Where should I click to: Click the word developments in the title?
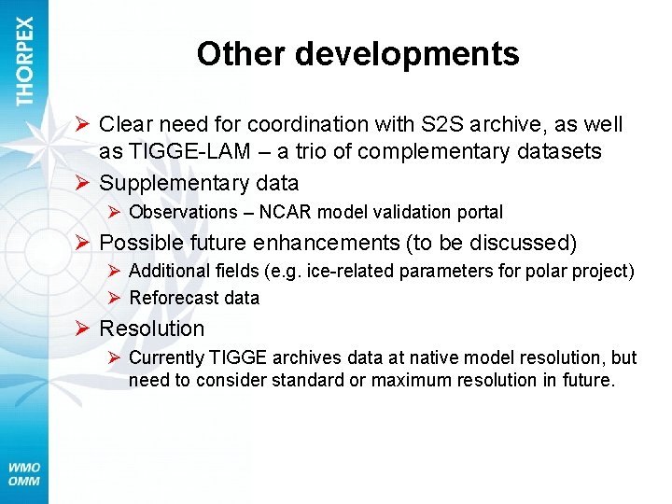tap(407, 54)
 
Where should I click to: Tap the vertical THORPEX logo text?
tap(25, 61)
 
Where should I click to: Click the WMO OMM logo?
tap(24, 474)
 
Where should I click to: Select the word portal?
tap(478, 213)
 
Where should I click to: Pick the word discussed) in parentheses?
tap(526, 244)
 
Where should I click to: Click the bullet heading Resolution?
tap(151, 329)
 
